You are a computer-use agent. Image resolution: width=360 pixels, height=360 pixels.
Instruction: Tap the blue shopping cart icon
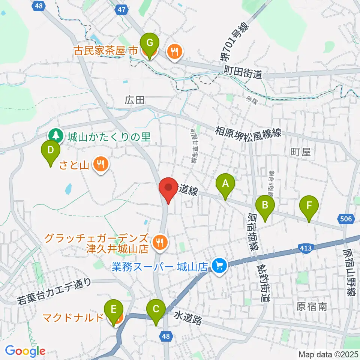219,266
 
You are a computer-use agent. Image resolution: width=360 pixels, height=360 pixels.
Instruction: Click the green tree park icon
55,136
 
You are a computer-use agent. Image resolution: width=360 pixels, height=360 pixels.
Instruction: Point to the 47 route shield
121,10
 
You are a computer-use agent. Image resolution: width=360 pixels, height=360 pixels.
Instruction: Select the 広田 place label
135,100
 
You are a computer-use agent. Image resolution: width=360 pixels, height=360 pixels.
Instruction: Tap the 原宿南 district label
312,307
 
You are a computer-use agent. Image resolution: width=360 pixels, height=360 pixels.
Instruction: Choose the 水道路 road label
188,318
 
